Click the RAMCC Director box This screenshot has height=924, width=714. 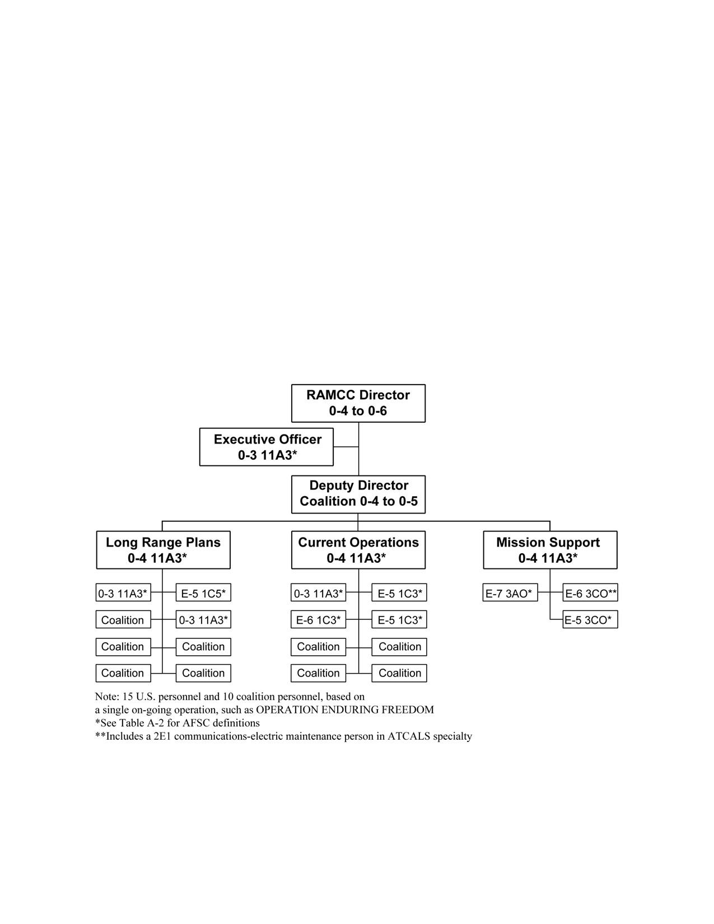pyautogui.click(x=358, y=403)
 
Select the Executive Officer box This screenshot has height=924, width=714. pyautogui.click(x=266, y=447)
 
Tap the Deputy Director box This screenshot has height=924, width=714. pyautogui.click(x=358, y=494)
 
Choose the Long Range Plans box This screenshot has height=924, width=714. pyautogui.click(x=164, y=550)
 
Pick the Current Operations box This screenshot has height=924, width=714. pyautogui.click(x=358, y=550)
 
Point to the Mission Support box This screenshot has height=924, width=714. pyautogui.click(x=550, y=550)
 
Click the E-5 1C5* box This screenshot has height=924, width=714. pyautogui.click(x=203, y=592)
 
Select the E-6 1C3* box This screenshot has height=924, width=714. pyautogui.click(x=319, y=619)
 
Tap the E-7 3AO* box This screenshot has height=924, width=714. pyautogui.click(x=510, y=592)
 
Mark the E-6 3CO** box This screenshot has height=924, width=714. pyautogui.click(x=590, y=592)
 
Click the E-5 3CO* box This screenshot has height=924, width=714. pyautogui.click(x=590, y=619)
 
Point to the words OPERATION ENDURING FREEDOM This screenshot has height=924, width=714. pyautogui.click(x=345, y=710)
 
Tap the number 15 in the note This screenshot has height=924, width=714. pyautogui.click(x=128, y=697)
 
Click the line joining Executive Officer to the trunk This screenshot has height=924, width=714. pyautogui.click(x=346, y=447)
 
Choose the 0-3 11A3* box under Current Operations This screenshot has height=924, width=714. pyautogui.click(x=319, y=592)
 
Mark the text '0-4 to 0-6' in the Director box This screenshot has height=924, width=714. pyautogui.click(x=358, y=411)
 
